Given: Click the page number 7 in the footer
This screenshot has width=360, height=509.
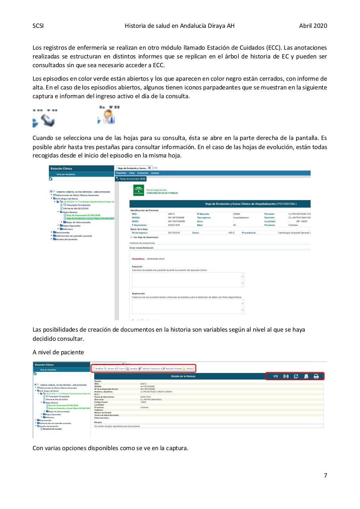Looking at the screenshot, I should click(x=325, y=475).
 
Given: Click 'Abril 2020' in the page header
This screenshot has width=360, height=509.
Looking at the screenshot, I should click(x=313, y=26).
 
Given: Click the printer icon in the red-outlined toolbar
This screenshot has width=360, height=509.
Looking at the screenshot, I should click(x=316, y=376).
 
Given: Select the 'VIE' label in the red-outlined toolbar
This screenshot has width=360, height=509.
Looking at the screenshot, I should click(x=276, y=376).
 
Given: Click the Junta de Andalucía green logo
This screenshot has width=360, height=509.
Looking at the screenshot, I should click(x=139, y=190).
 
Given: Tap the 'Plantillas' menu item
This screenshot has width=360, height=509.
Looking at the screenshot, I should click(x=122, y=173).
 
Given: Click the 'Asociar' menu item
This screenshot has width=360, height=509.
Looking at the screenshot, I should click(x=155, y=173).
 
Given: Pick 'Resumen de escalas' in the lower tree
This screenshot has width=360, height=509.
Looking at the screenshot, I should click(x=52, y=429).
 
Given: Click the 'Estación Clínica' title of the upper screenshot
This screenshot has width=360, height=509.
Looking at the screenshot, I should click(x=61, y=169).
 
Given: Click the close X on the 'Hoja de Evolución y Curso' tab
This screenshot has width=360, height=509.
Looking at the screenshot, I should click(x=149, y=168).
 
